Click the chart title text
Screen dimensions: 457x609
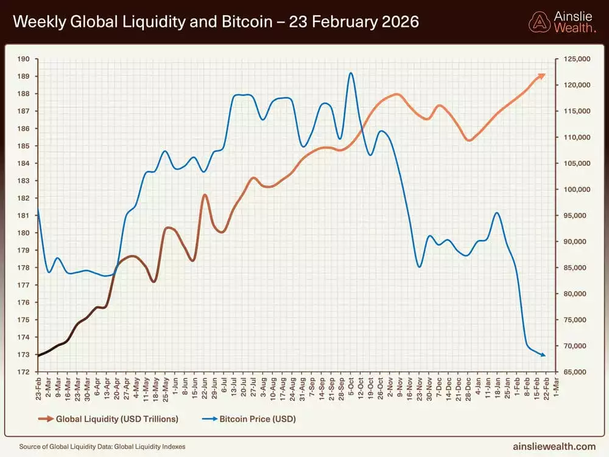216,22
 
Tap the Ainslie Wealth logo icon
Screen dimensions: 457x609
539,22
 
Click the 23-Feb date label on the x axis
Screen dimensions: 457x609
38,388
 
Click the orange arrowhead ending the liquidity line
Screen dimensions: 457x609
542,75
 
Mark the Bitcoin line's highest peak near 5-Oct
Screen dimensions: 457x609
351,73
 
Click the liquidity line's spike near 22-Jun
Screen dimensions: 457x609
205,195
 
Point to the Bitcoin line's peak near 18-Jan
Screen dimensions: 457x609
497,213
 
